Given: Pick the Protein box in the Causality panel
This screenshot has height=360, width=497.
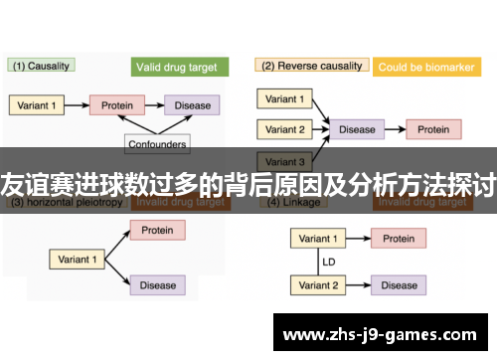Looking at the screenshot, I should [116, 104].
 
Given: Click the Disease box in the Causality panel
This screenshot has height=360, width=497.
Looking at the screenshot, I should [193, 104].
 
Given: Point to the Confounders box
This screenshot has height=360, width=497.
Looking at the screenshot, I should [157, 144].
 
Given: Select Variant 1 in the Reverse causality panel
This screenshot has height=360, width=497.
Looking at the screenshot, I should [285, 98].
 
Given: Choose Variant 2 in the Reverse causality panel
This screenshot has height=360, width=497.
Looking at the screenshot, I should [285, 129].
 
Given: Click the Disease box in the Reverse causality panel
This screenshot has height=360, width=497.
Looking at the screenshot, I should [356, 129].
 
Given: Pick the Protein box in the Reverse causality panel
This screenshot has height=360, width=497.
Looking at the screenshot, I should [432, 129].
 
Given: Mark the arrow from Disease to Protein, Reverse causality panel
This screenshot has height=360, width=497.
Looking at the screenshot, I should [394, 129].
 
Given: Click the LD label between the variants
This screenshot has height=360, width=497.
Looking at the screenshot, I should [327, 263].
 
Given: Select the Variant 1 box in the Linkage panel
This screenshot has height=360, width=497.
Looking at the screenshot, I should [318, 239].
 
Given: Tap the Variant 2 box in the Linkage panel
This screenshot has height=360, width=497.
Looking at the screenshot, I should [318, 285].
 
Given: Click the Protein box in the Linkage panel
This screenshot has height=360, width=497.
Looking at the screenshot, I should [399, 239].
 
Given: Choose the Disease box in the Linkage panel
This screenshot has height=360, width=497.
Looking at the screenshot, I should [399, 285].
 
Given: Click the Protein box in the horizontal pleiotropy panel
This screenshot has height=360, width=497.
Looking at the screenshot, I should [157, 231].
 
